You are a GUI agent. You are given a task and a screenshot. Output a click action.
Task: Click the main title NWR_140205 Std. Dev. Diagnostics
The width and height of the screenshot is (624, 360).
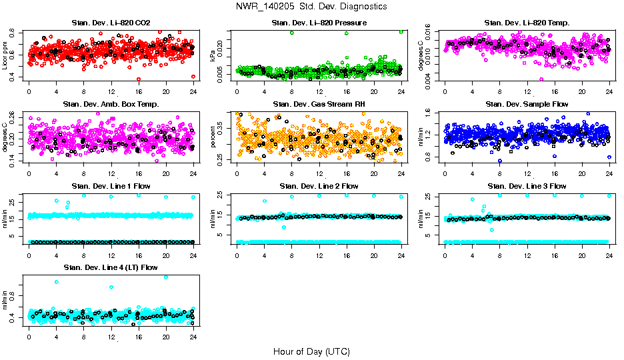[311, 6]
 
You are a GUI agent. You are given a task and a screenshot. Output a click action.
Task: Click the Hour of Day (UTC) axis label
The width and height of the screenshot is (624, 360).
[311, 351]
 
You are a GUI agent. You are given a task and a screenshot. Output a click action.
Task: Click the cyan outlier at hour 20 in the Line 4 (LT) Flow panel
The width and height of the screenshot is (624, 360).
[166, 277]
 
